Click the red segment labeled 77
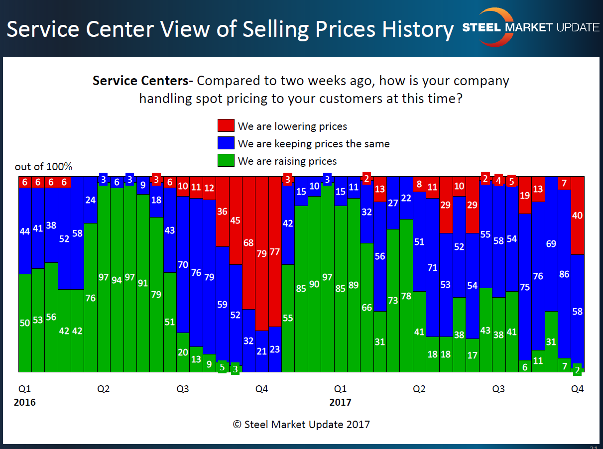275,251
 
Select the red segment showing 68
248,243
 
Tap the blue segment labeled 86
564,274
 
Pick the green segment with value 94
117,280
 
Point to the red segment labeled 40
577,216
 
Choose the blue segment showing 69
551,244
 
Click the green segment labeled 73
393,301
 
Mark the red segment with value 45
236,221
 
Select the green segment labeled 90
314,284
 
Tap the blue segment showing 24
91,200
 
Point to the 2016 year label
24,402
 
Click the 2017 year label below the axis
341,402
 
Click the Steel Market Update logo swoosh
490,27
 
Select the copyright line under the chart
301,425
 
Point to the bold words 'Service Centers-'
143,81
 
